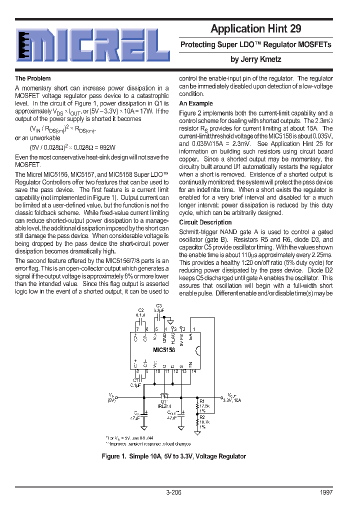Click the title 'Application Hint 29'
[255, 28]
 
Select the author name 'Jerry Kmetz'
[255, 59]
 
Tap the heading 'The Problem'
[32, 78]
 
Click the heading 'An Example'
[195, 103]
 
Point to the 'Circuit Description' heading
[205, 222]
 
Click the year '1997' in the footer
[325, 492]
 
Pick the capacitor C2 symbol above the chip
[141, 321]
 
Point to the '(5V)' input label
[111, 400]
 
